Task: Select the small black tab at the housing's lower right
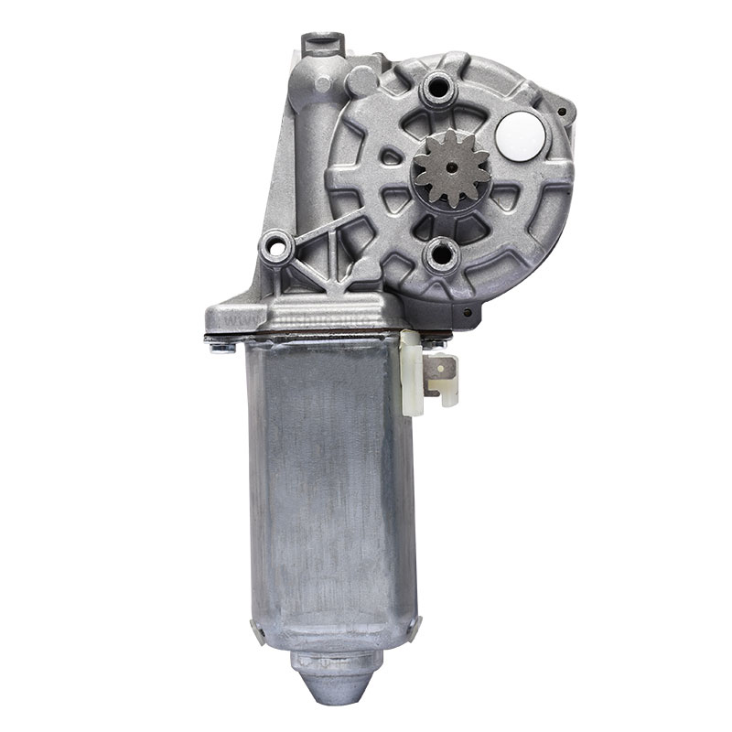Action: (x=470, y=315)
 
